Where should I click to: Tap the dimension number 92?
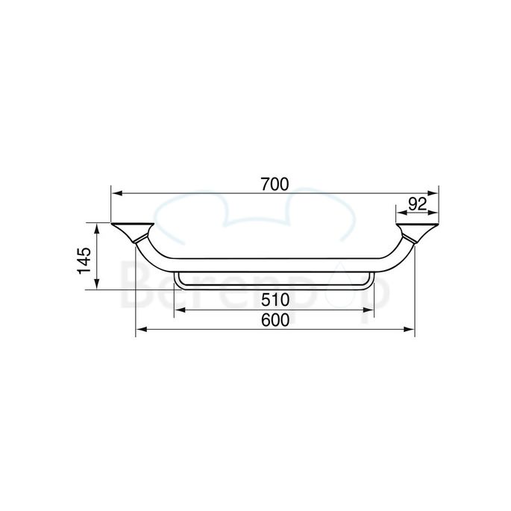point(418,203)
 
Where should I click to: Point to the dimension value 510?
point(275,301)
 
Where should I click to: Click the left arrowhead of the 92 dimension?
point(401,213)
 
